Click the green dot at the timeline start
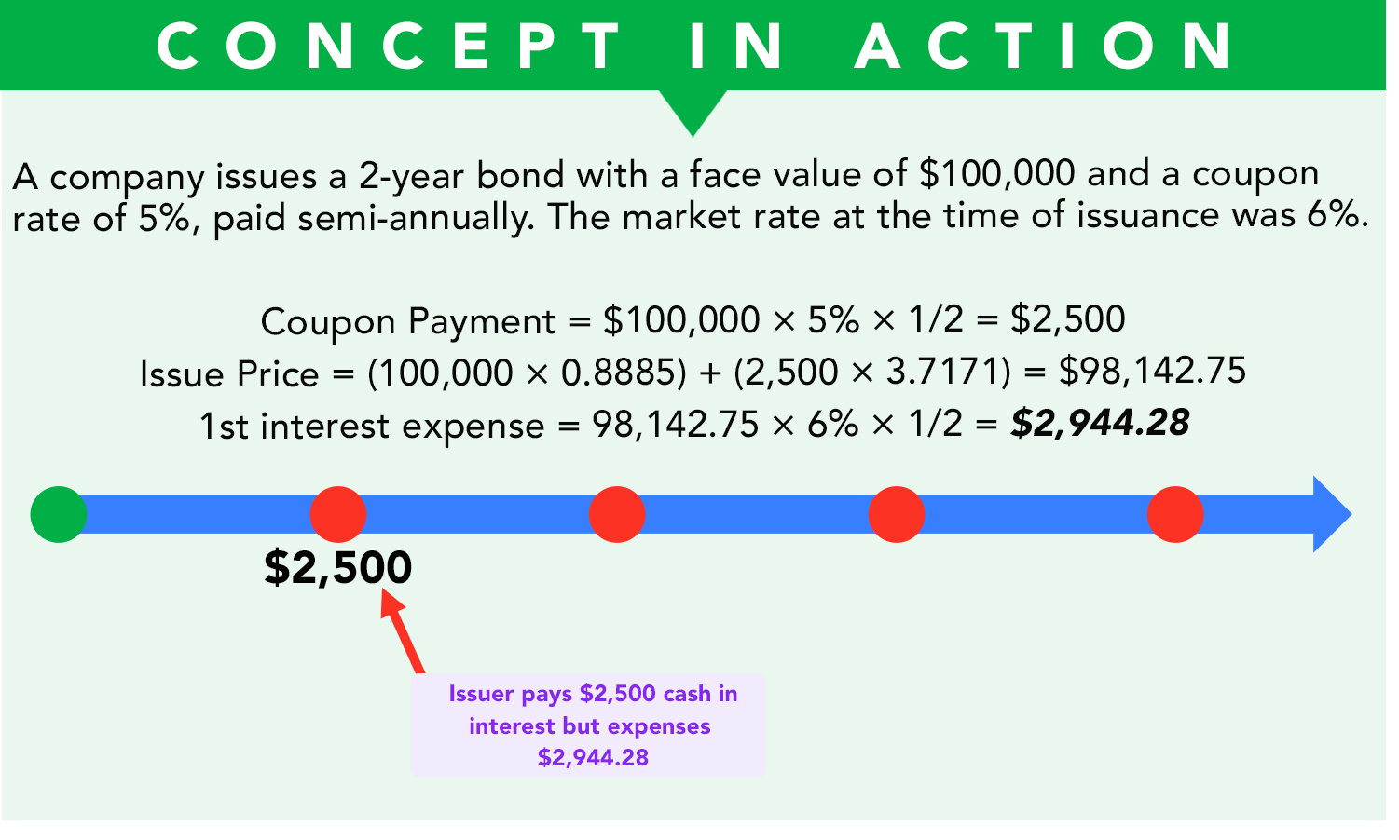pos(59,514)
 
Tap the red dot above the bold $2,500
pos(338,514)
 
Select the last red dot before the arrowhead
pos(1175,514)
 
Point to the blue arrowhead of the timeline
pos(1332,514)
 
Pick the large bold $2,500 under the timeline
pos(337,567)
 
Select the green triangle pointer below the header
pos(693,111)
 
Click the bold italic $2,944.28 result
pos(1100,424)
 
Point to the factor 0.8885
pos(618,373)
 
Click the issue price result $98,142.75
pos(1152,372)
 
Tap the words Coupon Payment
pos(408,322)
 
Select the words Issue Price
pos(229,374)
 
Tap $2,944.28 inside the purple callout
pos(593,758)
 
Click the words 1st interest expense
pos(372,427)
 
